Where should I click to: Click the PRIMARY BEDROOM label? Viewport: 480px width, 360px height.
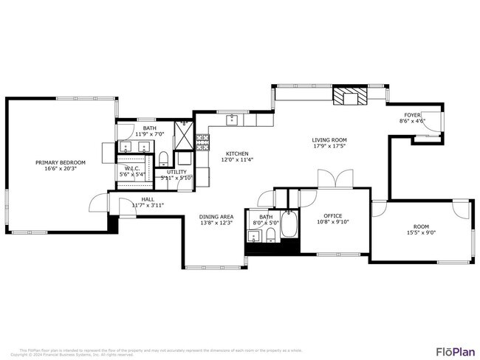click(x=61, y=162)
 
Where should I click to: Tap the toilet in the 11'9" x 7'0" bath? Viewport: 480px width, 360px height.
click(x=162, y=157)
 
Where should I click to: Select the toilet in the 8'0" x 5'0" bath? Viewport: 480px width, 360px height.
click(x=271, y=235)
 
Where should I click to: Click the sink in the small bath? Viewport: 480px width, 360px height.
click(x=255, y=236)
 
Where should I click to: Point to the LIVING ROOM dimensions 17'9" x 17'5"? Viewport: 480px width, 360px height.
click(x=329, y=146)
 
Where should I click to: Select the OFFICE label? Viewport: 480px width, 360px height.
click(x=323, y=215)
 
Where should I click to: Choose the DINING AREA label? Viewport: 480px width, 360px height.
click(x=216, y=216)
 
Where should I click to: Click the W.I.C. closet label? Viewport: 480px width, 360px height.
click(x=133, y=168)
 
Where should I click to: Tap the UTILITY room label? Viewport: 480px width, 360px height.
click(x=176, y=171)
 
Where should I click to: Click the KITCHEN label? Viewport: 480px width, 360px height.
click(x=237, y=153)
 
